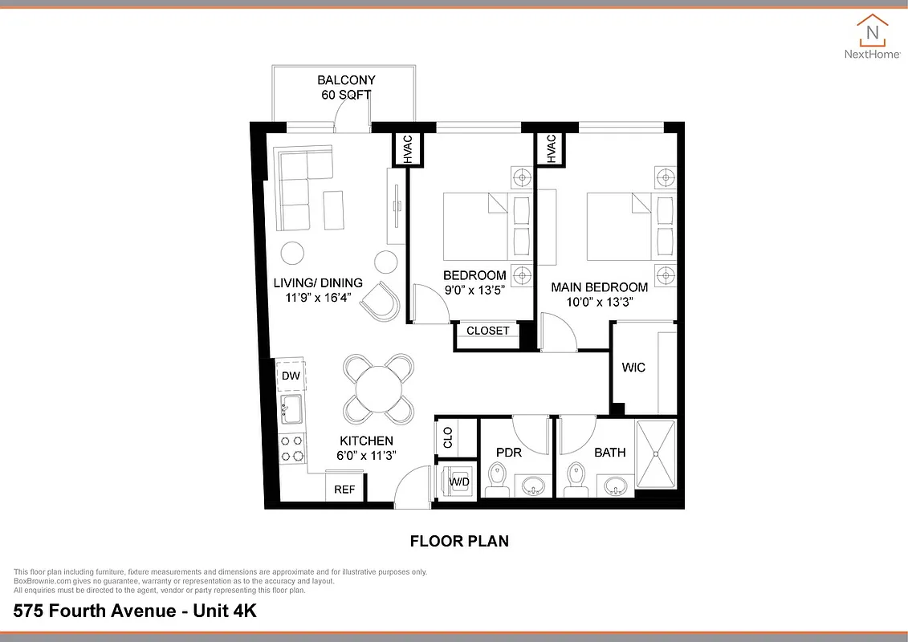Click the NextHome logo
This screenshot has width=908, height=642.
click(x=872, y=37)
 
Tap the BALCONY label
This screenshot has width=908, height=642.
click(x=346, y=80)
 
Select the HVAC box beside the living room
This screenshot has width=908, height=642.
click(x=407, y=148)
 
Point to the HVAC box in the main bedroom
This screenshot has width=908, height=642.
click(x=551, y=149)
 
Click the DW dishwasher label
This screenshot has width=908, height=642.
click(x=291, y=376)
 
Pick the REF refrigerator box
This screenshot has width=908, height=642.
click(x=344, y=489)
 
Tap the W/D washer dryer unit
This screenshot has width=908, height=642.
click(x=459, y=481)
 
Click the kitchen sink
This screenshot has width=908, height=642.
click(x=290, y=409)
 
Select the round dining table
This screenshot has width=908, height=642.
click(x=379, y=389)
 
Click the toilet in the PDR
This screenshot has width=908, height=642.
click(x=496, y=478)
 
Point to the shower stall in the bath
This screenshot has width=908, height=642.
click(x=656, y=453)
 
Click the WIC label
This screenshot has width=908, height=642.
click(x=633, y=368)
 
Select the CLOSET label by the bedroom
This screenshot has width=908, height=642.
click(x=487, y=331)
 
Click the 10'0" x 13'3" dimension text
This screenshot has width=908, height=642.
click(x=599, y=303)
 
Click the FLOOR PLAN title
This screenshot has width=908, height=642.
click(x=459, y=541)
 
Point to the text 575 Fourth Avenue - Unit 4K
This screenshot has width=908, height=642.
click(x=135, y=611)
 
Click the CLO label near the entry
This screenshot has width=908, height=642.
click(x=448, y=437)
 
